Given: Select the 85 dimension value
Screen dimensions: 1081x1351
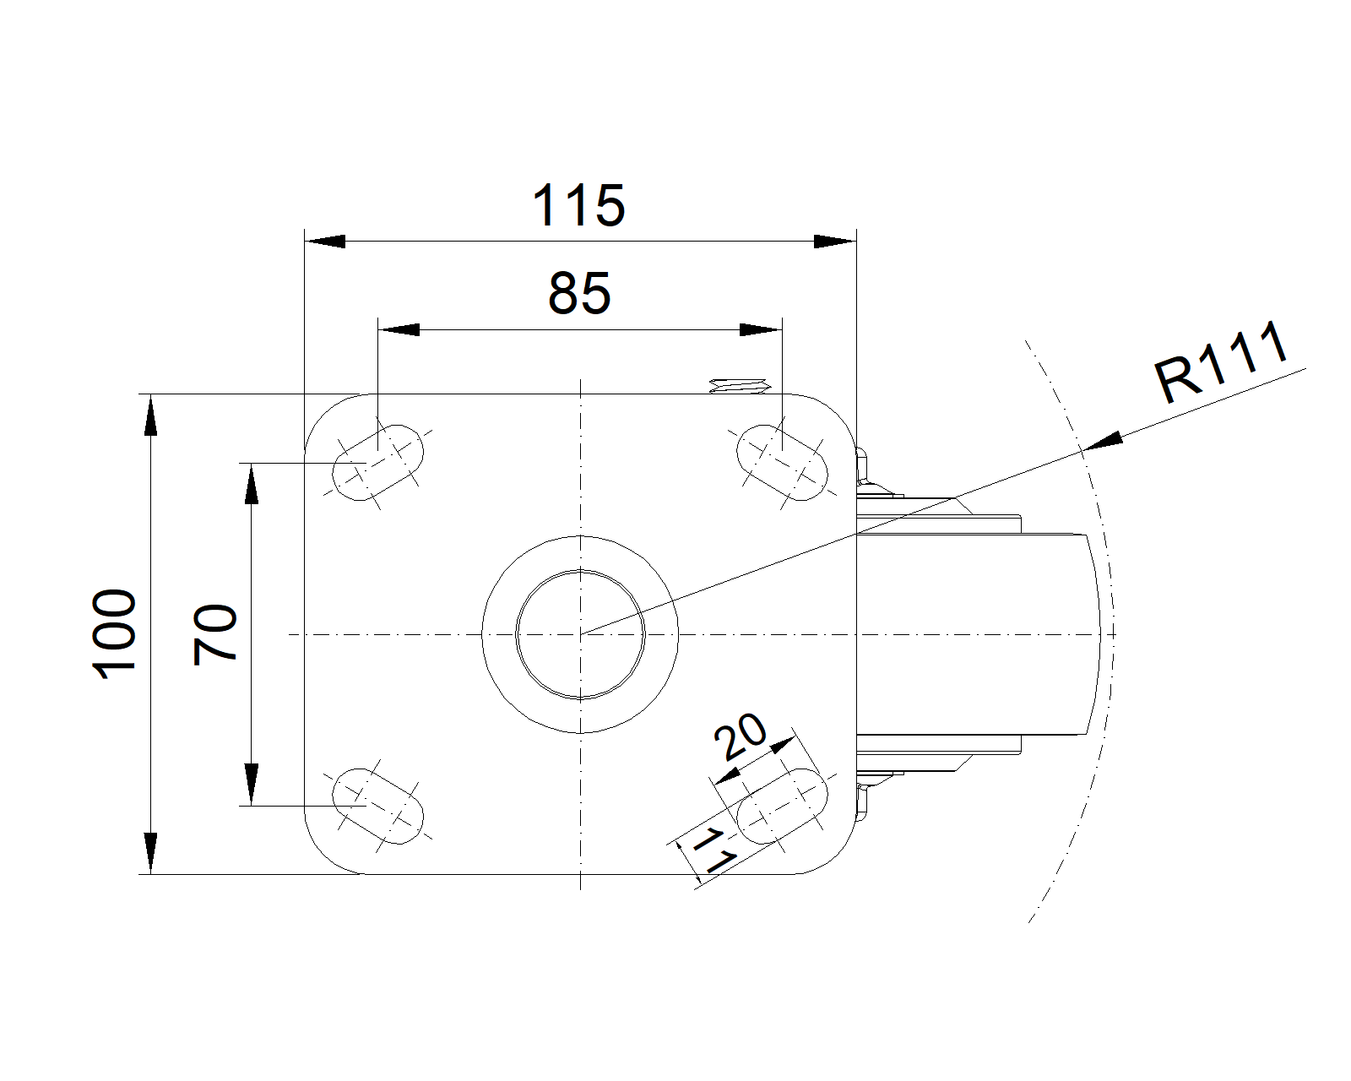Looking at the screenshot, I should click(579, 294).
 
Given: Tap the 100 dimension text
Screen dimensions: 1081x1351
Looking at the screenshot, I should click(116, 634).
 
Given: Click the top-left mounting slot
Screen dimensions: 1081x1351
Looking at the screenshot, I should click(377, 463).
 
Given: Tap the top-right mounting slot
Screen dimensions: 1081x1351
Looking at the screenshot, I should click(783, 463).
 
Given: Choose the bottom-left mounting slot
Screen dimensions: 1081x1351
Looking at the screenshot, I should click(377, 806).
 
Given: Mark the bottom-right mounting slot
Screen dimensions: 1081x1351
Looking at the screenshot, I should click(783, 806).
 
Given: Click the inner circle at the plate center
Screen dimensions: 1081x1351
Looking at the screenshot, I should click(580, 634).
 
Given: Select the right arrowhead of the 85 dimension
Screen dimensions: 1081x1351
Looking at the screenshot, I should click(759, 329).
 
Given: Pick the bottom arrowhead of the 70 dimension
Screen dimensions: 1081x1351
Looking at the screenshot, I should click(251, 785).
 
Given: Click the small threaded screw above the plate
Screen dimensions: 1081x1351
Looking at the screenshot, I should click(740, 387).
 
